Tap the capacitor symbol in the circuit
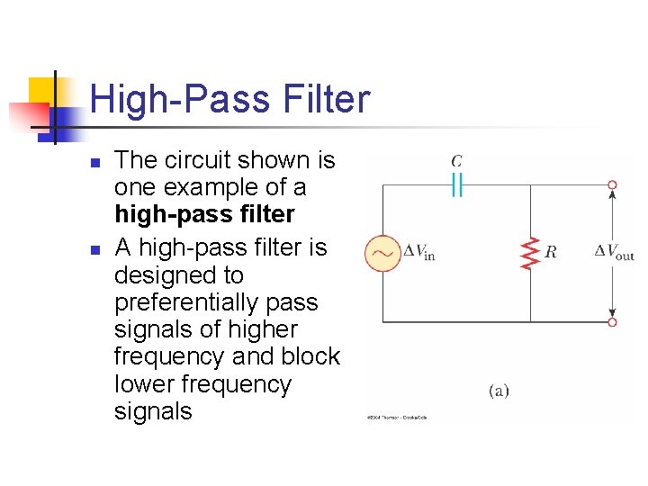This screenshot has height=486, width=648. click(457, 185)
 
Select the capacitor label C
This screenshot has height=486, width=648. click(457, 161)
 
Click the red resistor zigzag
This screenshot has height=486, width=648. click(529, 253)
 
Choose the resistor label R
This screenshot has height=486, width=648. click(550, 252)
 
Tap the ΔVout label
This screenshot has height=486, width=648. click(615, 252)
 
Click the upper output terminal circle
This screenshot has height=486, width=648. click(612, 185)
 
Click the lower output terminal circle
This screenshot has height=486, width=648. click(612, 321)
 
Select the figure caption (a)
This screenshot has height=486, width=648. click(499, 390)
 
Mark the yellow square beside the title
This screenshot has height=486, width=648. click(43, 90)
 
